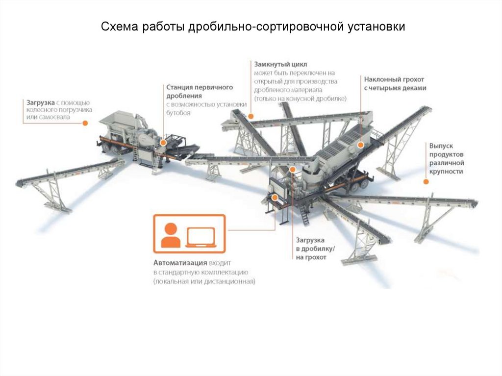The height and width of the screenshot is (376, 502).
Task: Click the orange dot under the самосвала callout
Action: click(85, 123)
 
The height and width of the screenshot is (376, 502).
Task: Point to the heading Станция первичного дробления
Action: click(199, 91)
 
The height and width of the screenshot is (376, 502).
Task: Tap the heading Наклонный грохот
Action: click(394, 79)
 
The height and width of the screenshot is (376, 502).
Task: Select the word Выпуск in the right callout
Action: click(441, 146)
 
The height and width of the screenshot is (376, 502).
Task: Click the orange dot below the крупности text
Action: click(426, 181)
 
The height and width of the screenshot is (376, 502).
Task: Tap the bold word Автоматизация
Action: click(178, 262)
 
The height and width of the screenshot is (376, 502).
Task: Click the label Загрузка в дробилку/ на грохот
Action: click(315, 249)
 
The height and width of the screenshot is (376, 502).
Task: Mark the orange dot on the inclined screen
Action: click(360, 145)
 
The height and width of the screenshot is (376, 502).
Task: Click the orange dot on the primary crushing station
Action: click(164, 142)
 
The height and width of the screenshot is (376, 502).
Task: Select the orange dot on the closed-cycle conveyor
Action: click(251, 116)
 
